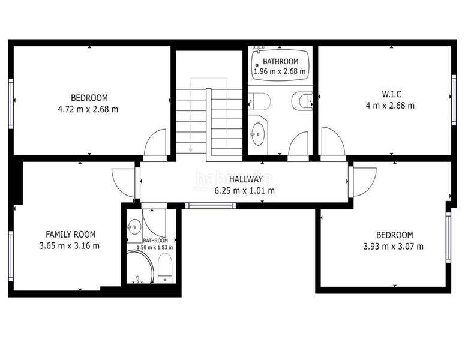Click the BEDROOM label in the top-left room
pyautogui.click(x=89, y=98)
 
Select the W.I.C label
pyautogui.click(x=391, y=94)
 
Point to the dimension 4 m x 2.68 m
pyautogui.click(x=391, y=106)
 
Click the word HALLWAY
pyautogui.click(x=245, y=179)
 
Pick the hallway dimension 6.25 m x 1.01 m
pyautogui.click(x=245, y=191)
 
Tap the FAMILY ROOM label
pyautogui.click(x=71, y=234)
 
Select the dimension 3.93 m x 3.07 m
pyautogui.click(x=394, y=246)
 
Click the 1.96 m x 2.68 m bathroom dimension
pyautogui.click(x=280, y=71)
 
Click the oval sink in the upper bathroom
pyautogui.click(x=258, y=134)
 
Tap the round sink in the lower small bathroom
pyautogui.click(x=134, y=226)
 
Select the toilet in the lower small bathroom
pyautogui.click(x=165, y=267)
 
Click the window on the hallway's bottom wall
pyautogui.click(x=209, y=206)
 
